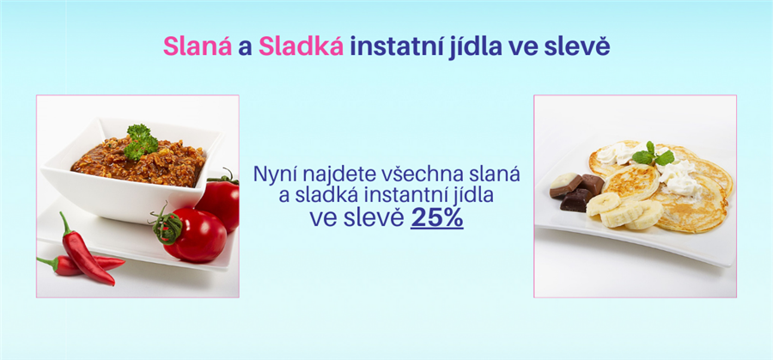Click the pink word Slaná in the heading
tap(198, 46)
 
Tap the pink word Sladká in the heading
tap(301, 46)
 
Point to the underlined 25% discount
tap(437, 218)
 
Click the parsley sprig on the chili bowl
tap(142, 141)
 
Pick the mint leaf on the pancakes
tap(654, 155)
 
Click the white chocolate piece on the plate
tap(565, 184)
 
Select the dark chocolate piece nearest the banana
tap(576, 199)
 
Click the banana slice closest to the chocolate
tap(603, 203)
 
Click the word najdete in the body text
tap(339, 175)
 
